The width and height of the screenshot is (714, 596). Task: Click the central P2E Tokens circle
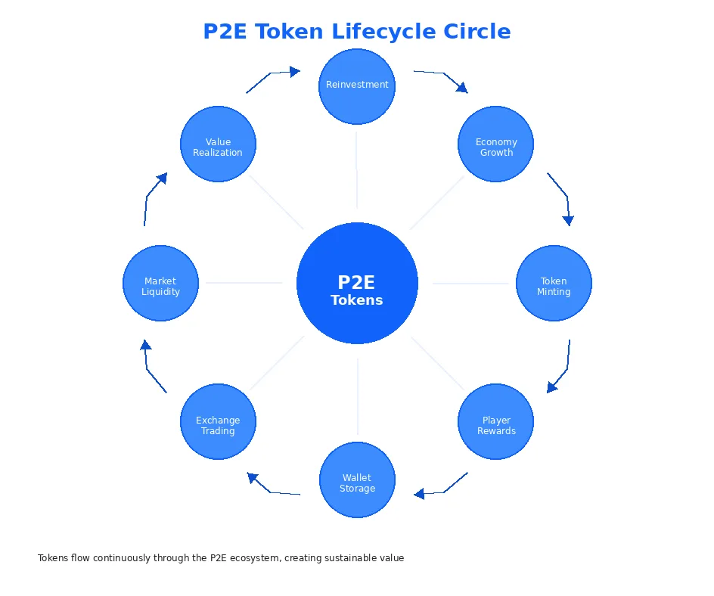coord(357,284)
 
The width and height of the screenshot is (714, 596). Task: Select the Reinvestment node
coord(357,86)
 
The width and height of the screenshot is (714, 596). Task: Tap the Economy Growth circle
coord(496,144)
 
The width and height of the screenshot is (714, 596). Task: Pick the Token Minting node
coord(554,284)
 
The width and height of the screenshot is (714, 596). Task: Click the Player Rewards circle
coord(496,422)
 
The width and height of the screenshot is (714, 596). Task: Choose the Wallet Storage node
coord(357,480)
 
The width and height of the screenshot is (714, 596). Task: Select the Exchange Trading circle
coord(218,422)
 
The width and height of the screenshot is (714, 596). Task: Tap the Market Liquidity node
coord(160,284)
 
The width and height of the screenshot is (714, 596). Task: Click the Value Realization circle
coord(218,144)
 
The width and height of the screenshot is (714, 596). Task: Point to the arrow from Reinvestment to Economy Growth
coord(442,76)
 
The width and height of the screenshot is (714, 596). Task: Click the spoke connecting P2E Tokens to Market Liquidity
coord(244,284)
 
